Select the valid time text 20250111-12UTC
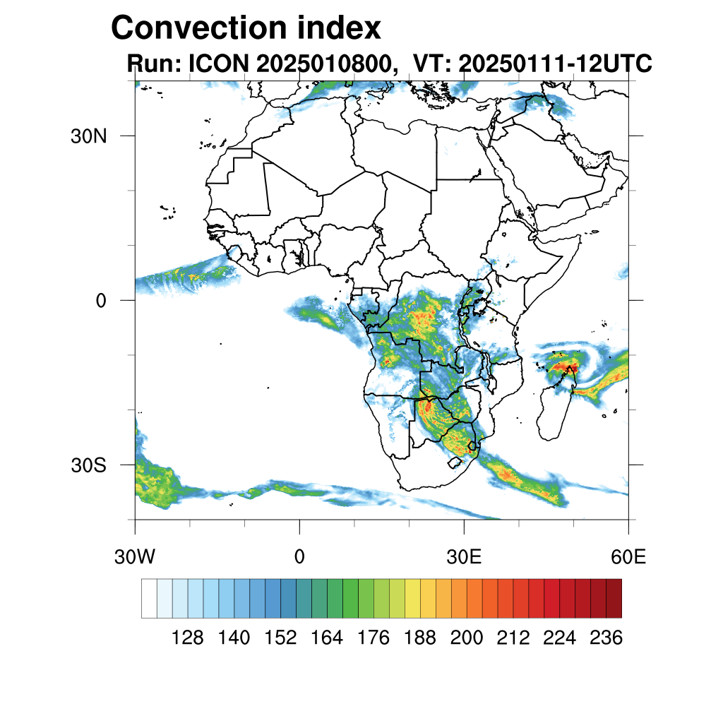click(x=555, y=64)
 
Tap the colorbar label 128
click(x=187, y=638)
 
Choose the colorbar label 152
click(x=280, y=638)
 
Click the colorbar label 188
click(x=420, y=638)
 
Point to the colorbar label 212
click(x=513, y=638)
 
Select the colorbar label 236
click(x=607, y=638)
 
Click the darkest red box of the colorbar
click(x=614, y=598)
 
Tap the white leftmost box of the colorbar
click(x=149, y=598)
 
